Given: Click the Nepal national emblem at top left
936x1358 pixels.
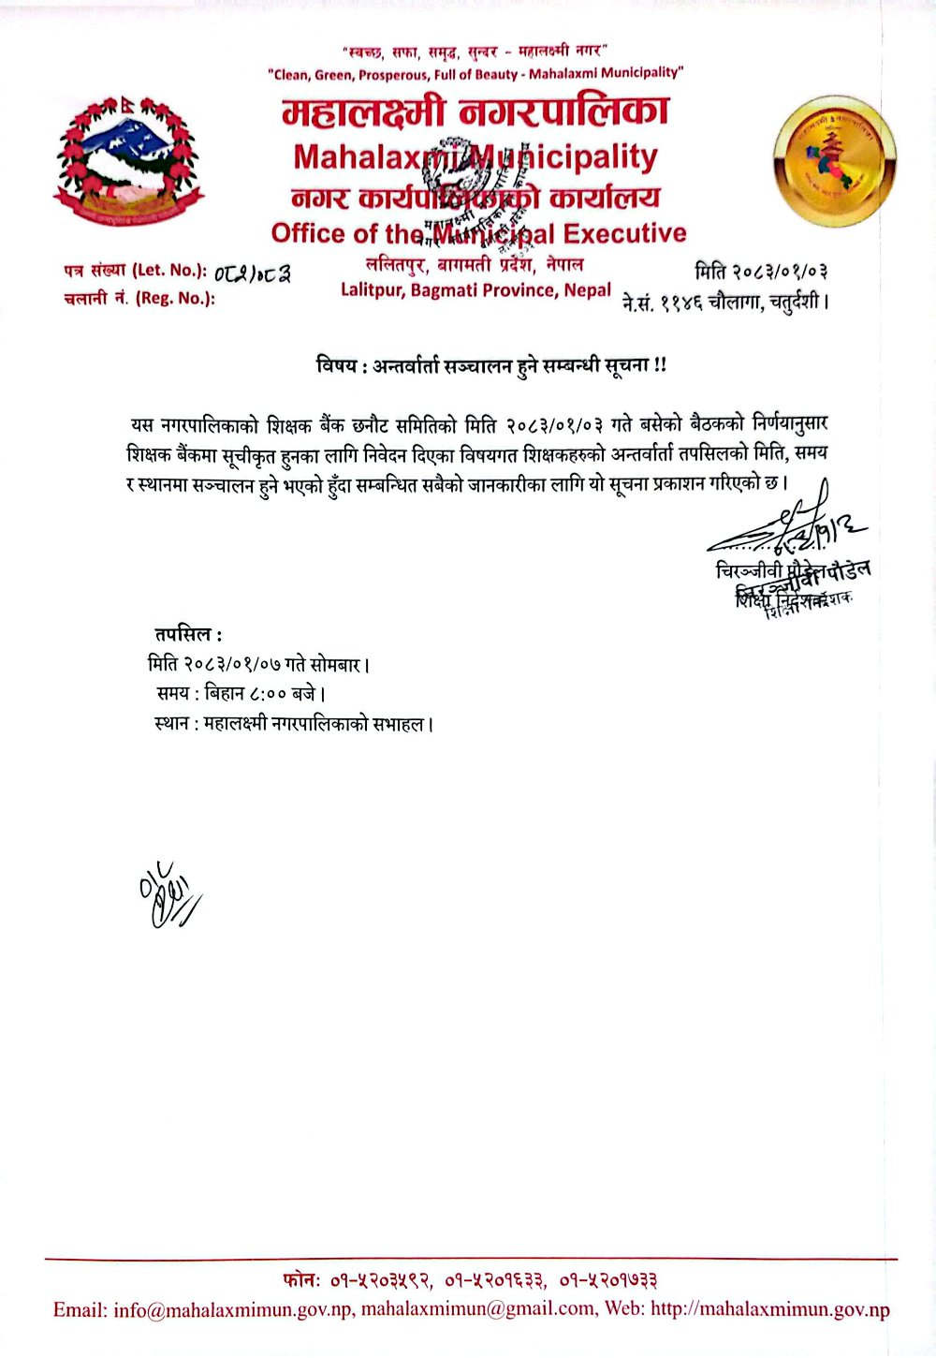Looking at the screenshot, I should point(128,162).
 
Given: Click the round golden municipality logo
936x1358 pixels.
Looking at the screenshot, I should point(835,160).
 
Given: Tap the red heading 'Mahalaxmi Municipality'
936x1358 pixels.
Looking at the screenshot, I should point(475,156).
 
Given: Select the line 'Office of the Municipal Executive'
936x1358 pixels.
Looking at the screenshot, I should point(478,233).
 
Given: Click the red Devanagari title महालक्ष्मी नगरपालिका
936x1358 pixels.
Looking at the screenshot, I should point(475,113).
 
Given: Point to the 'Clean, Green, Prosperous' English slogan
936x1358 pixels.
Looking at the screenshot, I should point(475,73).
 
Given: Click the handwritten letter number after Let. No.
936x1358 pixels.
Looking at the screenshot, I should point(252,273).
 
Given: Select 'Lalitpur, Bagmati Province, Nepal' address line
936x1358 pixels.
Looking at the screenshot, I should point(475,290).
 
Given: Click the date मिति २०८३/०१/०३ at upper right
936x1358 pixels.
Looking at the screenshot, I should point(761,273).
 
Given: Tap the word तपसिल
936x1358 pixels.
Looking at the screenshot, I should point(188,635).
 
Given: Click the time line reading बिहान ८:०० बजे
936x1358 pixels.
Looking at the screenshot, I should point(241,694).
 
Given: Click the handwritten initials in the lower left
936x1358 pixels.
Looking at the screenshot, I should point(168,893).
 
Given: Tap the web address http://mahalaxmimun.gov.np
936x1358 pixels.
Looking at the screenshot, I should point(769,1309).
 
